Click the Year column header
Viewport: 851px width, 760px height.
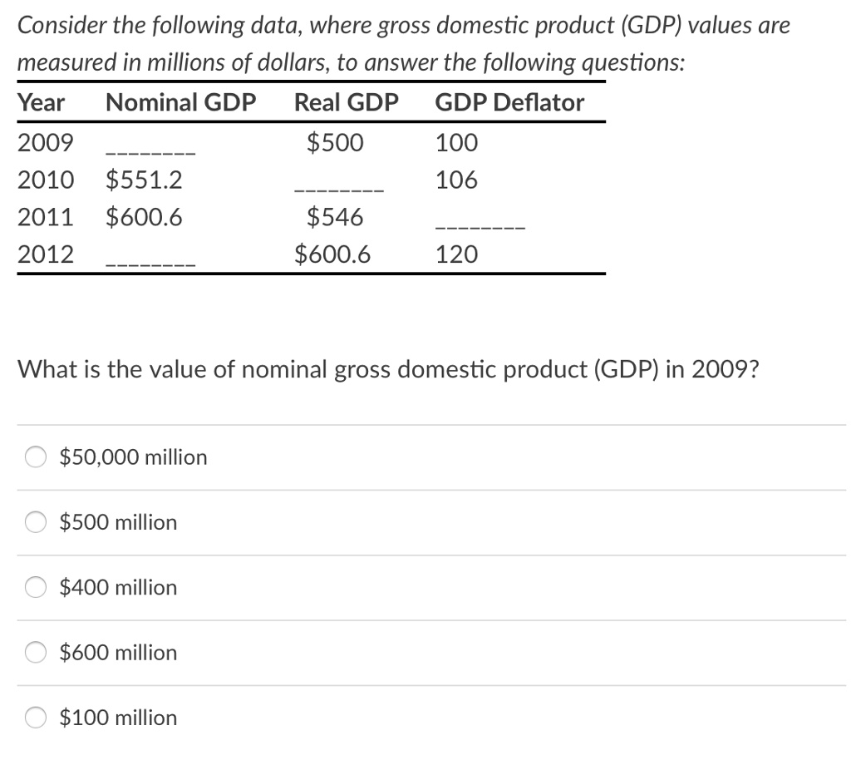(x=42, y=103)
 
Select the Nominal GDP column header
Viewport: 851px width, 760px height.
(x=181, y=103)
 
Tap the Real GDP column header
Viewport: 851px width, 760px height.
(x=347, y=103)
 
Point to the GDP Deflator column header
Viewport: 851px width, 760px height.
(x=509, y=103)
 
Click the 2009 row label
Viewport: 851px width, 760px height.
(x=46, y=143)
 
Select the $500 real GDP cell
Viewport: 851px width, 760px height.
(x=335, y=143)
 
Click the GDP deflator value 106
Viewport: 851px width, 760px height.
(x=456, y=180)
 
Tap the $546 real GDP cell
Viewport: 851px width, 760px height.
(x=335, y=218)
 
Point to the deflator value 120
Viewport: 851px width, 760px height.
(x=456, y=254)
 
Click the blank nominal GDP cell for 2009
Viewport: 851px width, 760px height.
(x=150, y=153)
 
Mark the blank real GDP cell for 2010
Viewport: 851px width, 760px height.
(x=339, y=190)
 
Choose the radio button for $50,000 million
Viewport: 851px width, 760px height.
(x=36, y=456)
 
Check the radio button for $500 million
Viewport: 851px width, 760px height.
(x=36, y=522)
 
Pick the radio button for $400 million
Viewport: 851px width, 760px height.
(x=36, y=587)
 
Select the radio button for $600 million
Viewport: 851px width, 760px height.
(x=36, y=652)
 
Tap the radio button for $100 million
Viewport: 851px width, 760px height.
(x=36, y=717)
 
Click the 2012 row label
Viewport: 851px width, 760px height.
(x=46, y=254)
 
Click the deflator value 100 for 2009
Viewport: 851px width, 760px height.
(x=456, y=143)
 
